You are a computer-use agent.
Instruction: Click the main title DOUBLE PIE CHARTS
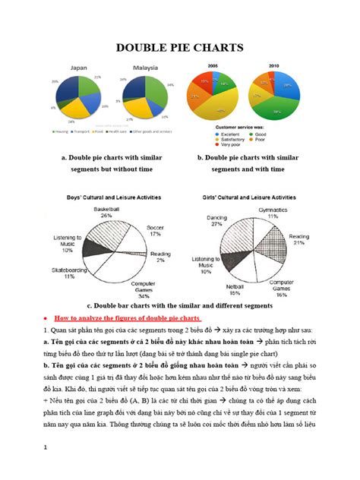point(179,47)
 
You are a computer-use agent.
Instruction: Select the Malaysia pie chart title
point(145,68)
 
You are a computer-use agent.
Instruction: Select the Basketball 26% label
point(106,212)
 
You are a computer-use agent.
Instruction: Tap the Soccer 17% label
point(156,230)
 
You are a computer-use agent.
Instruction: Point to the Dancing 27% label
point(216,220)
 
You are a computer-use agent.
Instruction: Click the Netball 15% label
point(235,289)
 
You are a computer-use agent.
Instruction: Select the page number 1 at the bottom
point(47,447)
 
